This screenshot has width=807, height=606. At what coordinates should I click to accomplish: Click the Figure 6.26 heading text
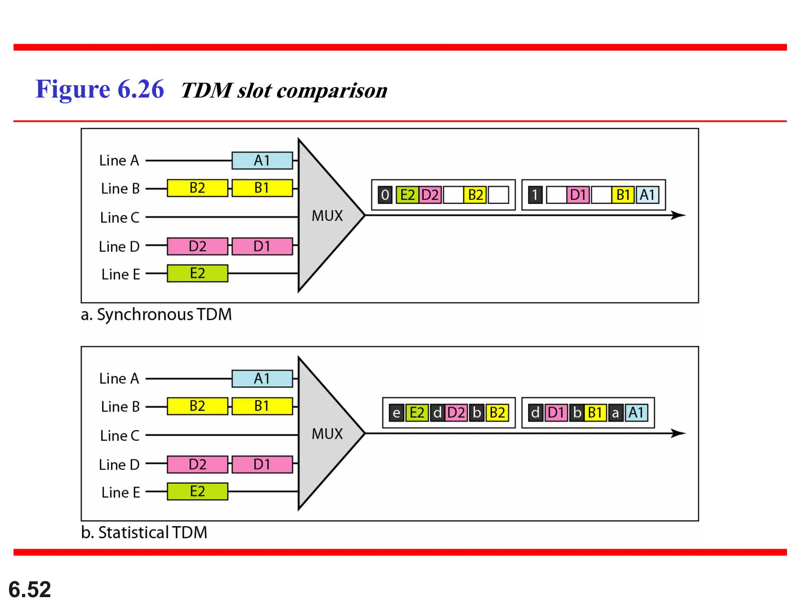[99, 89]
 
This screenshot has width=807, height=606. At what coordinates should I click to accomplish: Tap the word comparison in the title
[332, 91]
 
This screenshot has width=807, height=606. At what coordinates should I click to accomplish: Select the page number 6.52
[30, 589]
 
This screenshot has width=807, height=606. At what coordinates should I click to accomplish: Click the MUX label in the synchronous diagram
[327, 216]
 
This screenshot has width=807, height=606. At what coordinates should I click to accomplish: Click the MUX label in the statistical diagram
[327, 434]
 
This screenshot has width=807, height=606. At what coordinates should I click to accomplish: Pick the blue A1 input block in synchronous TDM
[262, 161]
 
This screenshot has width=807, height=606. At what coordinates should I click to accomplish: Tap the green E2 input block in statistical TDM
[197, 492]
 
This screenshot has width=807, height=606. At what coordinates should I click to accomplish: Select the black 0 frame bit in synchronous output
[385, 195]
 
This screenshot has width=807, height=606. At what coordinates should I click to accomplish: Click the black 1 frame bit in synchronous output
[535, 195]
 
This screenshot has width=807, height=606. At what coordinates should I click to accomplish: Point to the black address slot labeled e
[396, 413]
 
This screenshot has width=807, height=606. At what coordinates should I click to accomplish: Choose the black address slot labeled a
[615, 413]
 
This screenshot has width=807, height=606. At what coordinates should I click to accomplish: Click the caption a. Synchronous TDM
[156, 314]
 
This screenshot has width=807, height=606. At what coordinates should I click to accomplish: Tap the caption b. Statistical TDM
[144, 533]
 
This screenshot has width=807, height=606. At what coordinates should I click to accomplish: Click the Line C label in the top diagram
[119, 217]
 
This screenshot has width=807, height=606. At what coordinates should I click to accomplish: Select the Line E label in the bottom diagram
[121, 492]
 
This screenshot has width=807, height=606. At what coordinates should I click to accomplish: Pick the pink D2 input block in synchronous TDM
[197, 246]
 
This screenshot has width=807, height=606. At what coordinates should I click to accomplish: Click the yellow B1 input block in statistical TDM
[262, 406]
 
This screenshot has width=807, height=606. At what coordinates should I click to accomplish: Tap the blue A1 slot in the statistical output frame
[636, 413]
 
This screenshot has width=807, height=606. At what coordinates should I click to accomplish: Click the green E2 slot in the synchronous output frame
[407, 195]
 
